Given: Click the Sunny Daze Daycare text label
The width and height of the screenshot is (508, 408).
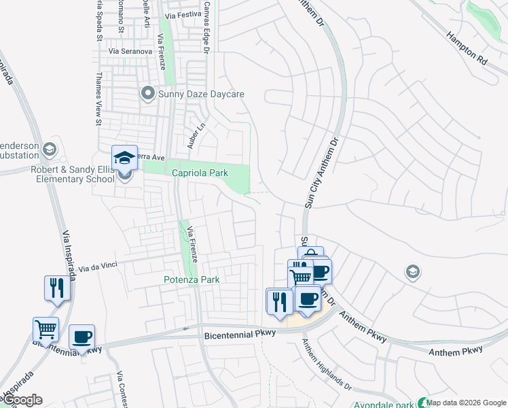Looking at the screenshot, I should click(201, 95).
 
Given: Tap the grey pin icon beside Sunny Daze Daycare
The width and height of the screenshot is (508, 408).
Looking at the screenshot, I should click(147, 93).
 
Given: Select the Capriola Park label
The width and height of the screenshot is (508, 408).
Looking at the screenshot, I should click(200, 173).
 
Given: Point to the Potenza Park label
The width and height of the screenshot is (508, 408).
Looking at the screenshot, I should click(192, 279).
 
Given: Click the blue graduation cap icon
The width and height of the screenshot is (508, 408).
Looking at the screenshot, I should click(124, 158).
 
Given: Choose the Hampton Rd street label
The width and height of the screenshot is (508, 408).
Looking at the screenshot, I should click(467, 48).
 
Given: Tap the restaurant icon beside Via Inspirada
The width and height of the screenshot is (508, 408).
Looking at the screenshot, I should click(56, 288).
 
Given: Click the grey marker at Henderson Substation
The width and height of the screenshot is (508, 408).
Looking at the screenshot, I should click(49, 149).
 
